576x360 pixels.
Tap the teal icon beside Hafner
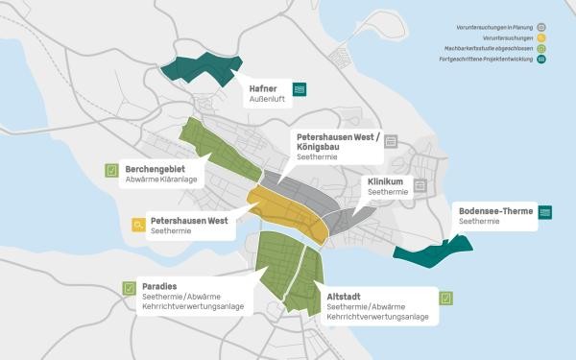[300, 90]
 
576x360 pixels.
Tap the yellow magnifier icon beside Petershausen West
[138, 226]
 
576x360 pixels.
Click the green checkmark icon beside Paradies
[128, 287]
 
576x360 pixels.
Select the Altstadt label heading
[347, 297]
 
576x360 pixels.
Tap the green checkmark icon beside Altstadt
[446, 298]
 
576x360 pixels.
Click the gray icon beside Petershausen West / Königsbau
[391, 140]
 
